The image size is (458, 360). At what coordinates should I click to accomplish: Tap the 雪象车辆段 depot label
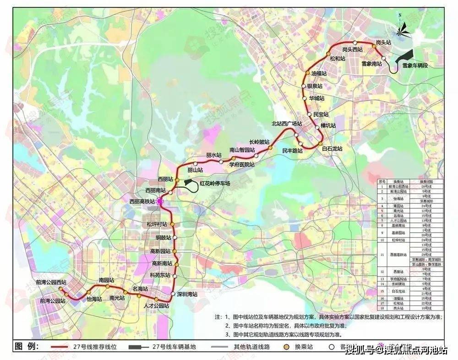coord(415,65)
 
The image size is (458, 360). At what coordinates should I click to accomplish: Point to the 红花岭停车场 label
coord(215,183)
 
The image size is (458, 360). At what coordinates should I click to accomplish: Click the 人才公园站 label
coord(156,305)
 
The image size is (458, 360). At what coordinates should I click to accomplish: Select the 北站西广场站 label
coord(287,124)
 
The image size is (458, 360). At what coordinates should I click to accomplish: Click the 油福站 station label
coord(319,73)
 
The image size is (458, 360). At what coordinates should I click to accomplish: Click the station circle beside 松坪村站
coord(172,224)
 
